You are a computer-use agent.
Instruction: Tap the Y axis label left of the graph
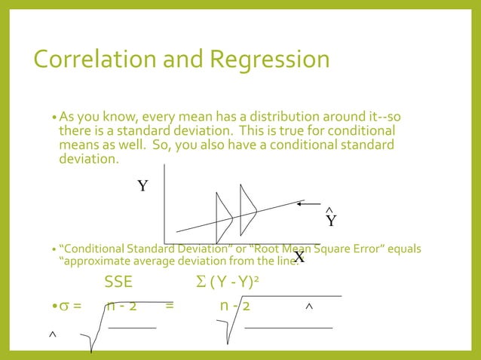click(142, 186)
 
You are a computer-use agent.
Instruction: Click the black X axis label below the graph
click(299, 258)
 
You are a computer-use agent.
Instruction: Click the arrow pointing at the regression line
click(310, 203)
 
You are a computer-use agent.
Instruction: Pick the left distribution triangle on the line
click(223, 217)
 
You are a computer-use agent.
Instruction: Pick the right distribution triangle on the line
click(248, 204)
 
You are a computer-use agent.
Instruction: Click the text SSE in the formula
click(118, 284)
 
